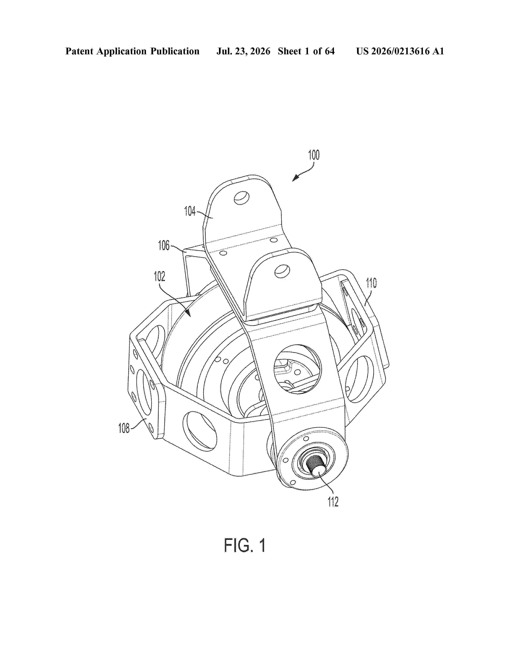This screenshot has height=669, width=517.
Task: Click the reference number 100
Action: (314, 155)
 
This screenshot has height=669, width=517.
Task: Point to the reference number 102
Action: (159, 276)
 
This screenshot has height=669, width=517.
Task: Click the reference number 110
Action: (371, 283)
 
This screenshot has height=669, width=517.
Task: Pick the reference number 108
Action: (124, 428)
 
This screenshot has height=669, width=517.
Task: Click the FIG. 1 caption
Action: (245, 545)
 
